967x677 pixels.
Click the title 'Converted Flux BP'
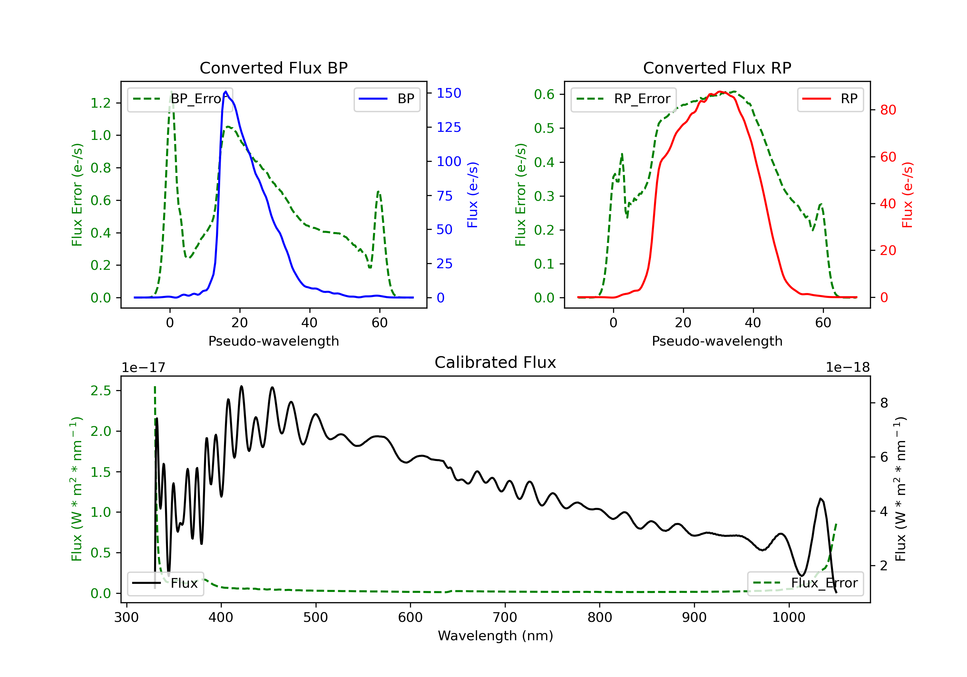[273, 68]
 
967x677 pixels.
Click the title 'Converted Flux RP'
[717, 68]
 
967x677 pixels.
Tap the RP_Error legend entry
[623, 99]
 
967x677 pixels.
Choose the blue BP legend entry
[386, 99]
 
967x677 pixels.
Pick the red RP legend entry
[830, 99]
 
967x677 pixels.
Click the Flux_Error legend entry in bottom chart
[805, 583]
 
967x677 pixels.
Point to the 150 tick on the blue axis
[449, 93]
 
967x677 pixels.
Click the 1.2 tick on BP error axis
[101, 103]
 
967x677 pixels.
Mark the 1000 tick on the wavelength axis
[788, 618]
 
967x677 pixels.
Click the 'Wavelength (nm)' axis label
[495, 636]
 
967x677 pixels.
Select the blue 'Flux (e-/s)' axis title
[473, 195]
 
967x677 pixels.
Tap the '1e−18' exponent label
[847, 368]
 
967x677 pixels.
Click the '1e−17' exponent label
[143, 368]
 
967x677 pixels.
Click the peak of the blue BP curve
[226, 92]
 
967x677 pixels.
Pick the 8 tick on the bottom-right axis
[884, 403]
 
